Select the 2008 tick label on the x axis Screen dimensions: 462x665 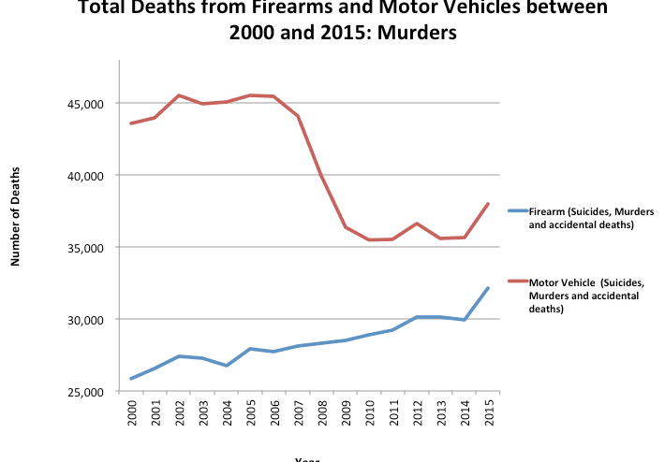tap(321, 412)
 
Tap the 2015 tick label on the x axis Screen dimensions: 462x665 tap(488, 412)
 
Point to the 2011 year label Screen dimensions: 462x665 tap(392, 412)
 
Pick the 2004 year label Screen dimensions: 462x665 tap(226, 412)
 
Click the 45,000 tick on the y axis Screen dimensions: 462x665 tap(92, 103)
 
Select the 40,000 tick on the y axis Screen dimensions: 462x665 tap(92, 175)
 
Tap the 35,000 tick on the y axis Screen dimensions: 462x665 tap(92, 247)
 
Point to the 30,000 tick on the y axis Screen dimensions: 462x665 tap(92, 319)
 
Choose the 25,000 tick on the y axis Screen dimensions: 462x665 tap(92, 391)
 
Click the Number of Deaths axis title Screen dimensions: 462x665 tap(16, 216)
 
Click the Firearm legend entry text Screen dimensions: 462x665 tap(590, 218)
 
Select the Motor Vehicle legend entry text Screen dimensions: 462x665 tap(585, 295)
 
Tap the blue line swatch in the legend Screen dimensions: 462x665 tap(517, 211)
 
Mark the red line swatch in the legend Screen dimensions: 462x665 tap(517, 281)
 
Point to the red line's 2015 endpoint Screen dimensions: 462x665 tap(488, 204)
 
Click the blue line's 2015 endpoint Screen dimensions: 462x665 tap(488, 288)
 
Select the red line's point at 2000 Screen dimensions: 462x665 tap(131, 123)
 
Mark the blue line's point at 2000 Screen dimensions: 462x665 tap(131, 379)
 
